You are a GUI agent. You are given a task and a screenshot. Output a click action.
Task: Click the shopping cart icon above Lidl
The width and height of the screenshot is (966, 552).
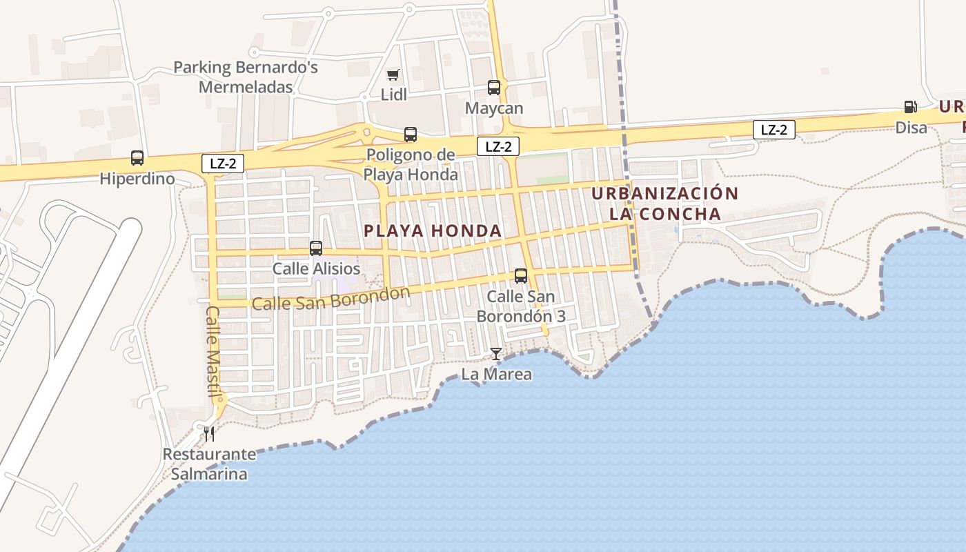coord(393,75)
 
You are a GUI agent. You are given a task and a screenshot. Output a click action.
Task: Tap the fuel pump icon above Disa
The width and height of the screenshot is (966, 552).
coord(911,107)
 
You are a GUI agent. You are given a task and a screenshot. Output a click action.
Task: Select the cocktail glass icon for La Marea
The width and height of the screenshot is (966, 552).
coord(496,354)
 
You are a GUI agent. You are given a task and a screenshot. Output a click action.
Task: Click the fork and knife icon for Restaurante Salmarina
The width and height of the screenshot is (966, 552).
coord(209,433)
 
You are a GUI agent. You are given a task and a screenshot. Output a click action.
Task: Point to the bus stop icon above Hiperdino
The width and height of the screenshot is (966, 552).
coord(137,158)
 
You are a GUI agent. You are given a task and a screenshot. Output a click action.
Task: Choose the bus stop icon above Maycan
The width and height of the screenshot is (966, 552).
coord(494,88)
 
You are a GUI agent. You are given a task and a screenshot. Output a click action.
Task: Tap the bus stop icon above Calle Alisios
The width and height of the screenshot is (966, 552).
coord(316,248)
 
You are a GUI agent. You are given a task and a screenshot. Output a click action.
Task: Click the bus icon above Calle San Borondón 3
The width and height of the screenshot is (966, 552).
coord(521,276)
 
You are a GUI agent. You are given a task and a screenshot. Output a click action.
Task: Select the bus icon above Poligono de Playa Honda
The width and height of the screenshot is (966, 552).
coord(411,135)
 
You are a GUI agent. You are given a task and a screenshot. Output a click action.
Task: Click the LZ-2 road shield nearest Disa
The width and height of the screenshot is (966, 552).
coord(774,130)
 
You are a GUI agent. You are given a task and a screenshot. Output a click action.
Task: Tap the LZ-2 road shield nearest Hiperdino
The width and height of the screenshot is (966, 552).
coord(223,164)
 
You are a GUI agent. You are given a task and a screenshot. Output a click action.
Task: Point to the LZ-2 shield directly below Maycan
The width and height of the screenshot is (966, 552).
coord(498,146)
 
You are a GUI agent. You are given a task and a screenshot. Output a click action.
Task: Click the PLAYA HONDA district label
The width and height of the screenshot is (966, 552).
coord(433,230)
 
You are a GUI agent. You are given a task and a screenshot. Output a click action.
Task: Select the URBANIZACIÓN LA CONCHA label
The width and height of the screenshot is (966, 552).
coord(665,204)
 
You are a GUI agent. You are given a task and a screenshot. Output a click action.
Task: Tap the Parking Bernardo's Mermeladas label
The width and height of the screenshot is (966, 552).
coord(246,77)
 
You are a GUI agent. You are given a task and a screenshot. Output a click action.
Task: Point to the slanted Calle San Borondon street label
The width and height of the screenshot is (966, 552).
coord(331,298)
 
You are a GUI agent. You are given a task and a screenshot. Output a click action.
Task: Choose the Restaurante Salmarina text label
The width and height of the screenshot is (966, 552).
coord(209,464)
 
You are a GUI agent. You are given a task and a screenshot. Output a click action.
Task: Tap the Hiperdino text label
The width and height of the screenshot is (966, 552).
coord(137,179)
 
